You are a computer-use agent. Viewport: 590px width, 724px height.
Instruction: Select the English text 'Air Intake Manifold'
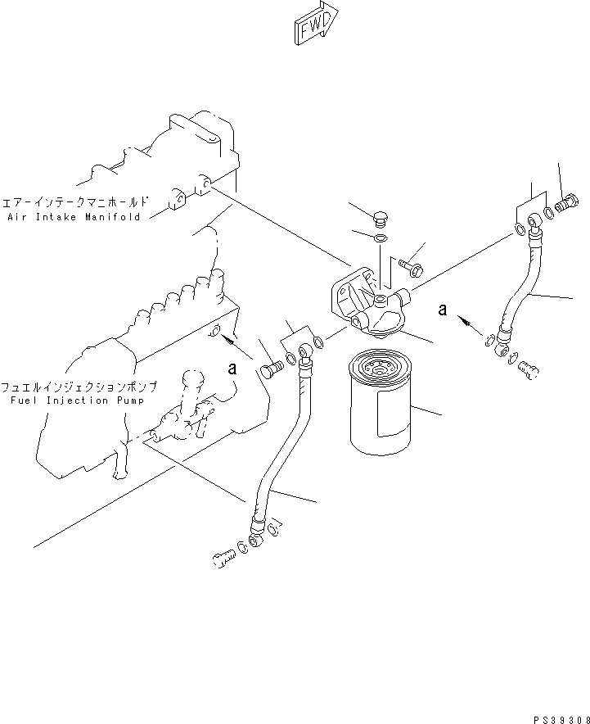click(74, 217)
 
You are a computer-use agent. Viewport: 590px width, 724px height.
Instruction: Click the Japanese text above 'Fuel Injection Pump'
click(79, 386)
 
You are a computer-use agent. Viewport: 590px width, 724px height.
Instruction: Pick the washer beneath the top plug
click(381, 238)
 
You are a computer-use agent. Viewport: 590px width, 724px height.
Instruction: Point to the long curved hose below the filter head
click(281, 450)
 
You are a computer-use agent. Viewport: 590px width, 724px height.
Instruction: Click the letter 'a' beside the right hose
click(443, 309)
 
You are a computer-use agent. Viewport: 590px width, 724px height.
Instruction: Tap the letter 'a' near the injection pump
click(232, 369)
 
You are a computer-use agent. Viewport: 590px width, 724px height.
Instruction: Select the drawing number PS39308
click(558, 717)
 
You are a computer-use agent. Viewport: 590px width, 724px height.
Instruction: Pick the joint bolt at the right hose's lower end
click(527, 369)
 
